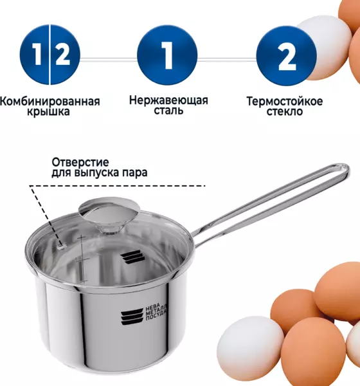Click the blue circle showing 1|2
point(50,55)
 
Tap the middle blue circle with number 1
point(167,55)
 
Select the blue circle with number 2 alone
point(287,55)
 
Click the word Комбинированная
point(50,101)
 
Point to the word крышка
point(48,112)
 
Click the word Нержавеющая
point(168,100)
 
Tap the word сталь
point(168,110)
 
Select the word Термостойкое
point(285,101)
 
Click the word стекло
point(285,111)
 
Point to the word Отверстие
point(80,162)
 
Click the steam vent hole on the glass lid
point(61,246)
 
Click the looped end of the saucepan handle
point(342,170)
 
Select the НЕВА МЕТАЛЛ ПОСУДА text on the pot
point(156,313)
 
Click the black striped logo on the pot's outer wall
point(132,317)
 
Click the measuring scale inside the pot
point(82,259)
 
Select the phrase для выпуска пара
point(100,172)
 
